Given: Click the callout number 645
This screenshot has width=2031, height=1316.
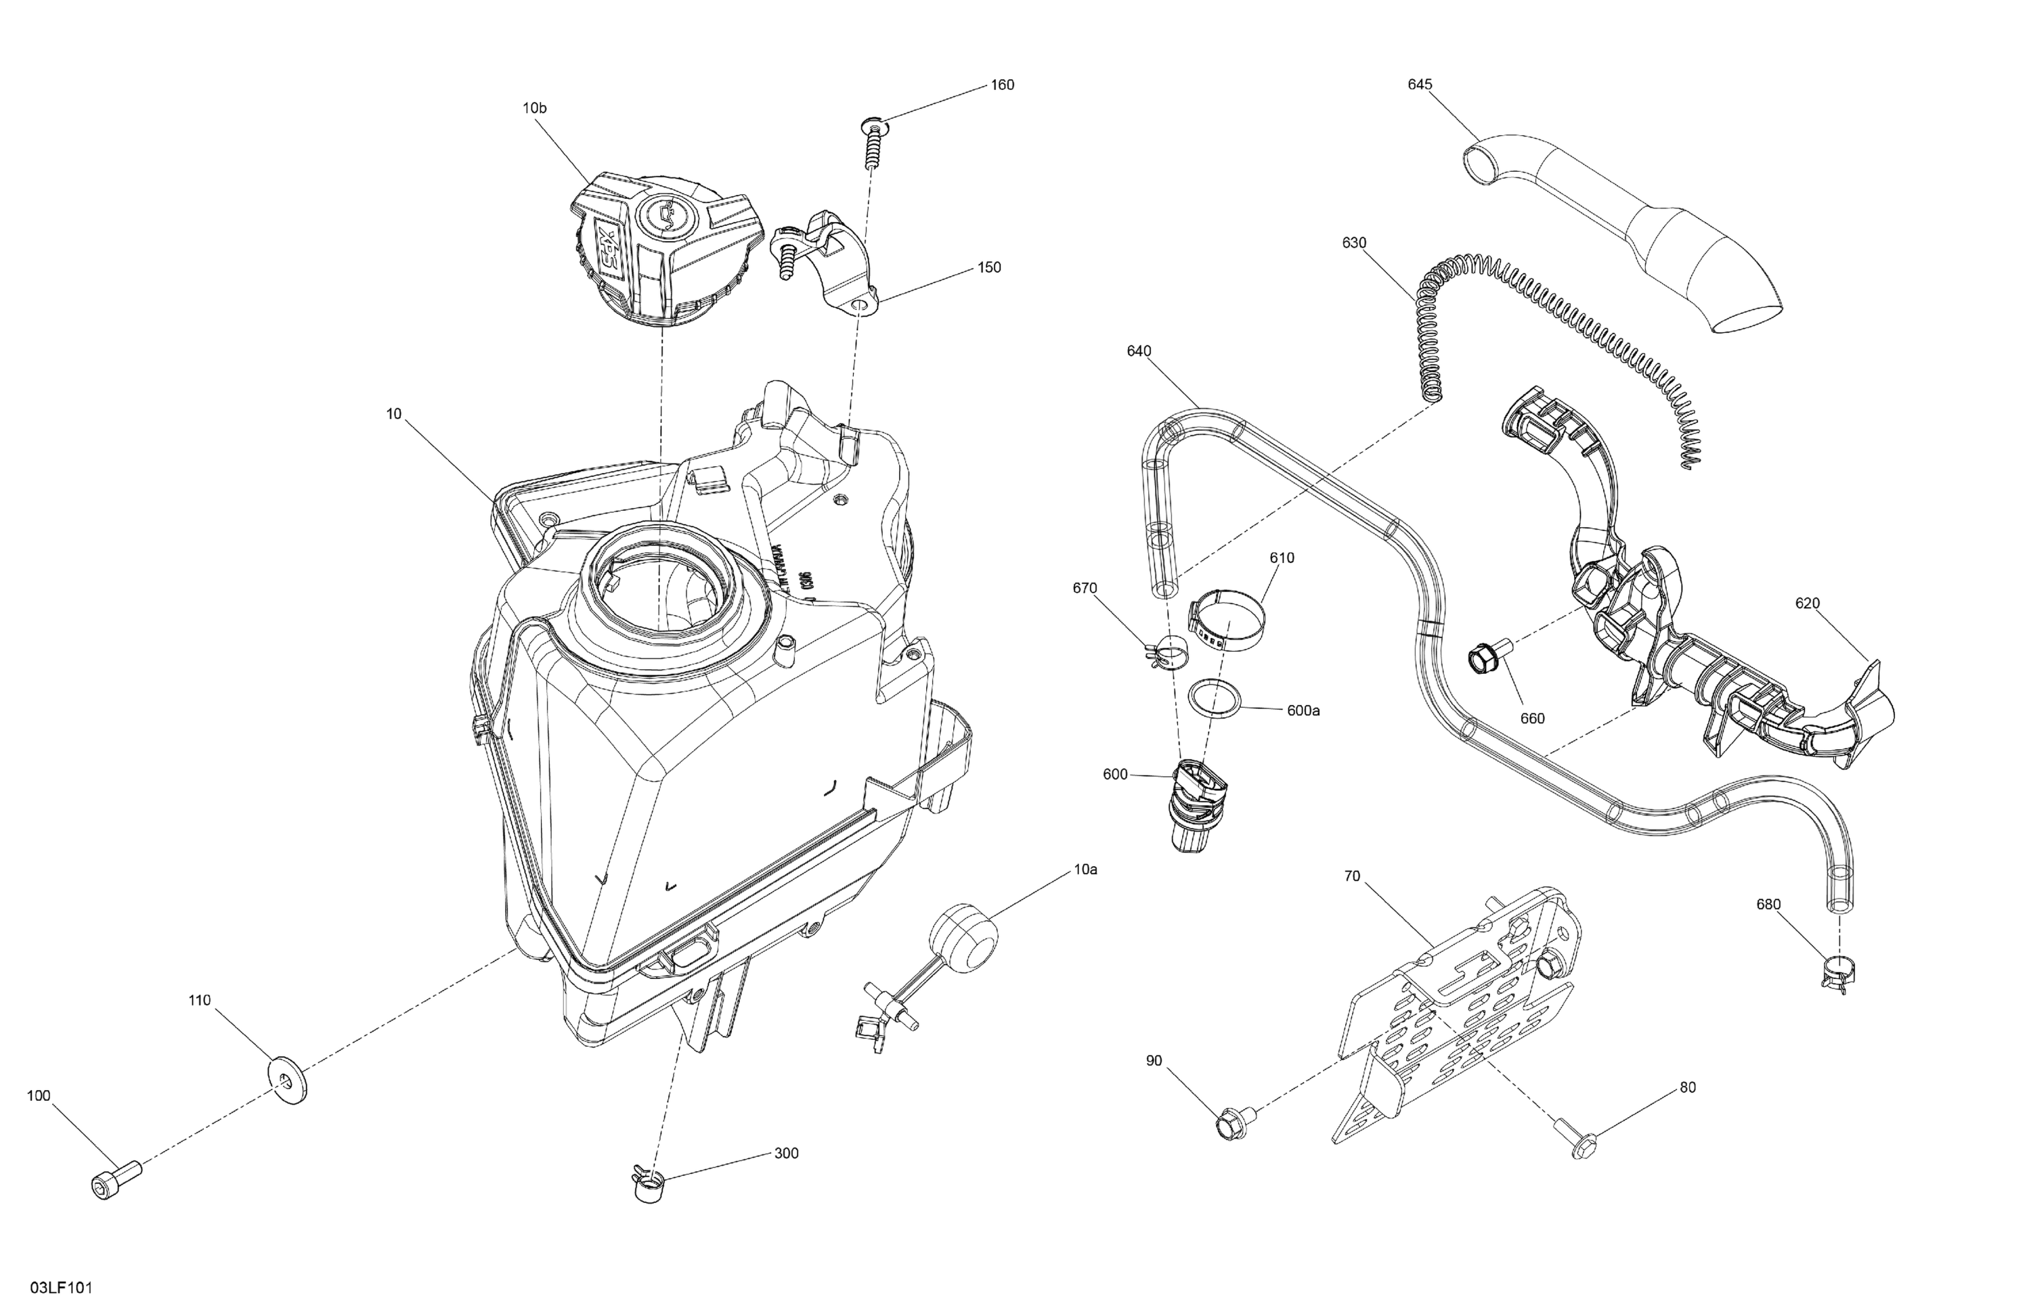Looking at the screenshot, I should pos(1420,85).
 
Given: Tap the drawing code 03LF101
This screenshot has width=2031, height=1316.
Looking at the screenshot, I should pos(62,1288).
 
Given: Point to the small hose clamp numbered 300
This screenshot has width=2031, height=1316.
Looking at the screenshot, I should pos(649,1185).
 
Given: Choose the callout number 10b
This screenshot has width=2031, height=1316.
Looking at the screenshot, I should pos(534,108).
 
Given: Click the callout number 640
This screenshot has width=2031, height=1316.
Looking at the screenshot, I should pos(1139,350).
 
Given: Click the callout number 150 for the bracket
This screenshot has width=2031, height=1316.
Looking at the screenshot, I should pos(989,267).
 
